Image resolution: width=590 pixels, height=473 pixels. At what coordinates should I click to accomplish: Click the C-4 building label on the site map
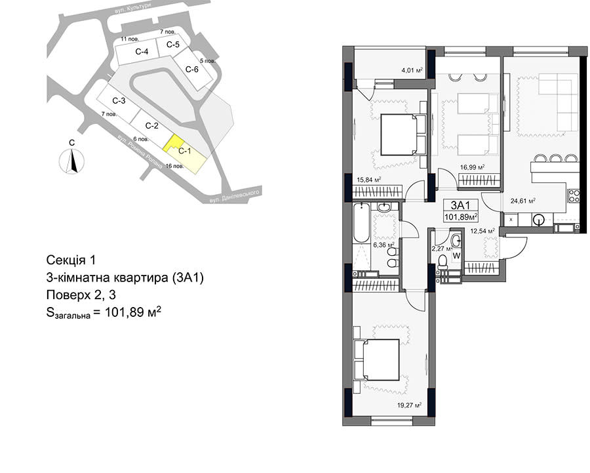[142, 52]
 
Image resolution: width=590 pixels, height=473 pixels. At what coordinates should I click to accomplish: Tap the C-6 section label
[192, 70]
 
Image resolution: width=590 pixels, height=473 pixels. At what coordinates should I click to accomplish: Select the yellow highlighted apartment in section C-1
[172, 143]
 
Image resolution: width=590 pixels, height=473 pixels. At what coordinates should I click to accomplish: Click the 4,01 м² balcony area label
[412, 70]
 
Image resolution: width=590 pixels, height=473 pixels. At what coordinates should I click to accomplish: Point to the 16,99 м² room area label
[472, 167]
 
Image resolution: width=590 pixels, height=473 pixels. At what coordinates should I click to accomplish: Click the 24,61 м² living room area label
[523, 201]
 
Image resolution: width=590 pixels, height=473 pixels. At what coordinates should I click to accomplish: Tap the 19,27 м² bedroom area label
[409, 405]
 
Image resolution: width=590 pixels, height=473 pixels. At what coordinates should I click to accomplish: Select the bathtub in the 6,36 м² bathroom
[362, 222]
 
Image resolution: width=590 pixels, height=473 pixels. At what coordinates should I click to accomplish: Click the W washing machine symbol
[456, 256]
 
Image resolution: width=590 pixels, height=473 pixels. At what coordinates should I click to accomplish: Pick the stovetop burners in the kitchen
[574, 195]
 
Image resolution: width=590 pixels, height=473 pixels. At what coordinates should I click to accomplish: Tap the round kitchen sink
[539, 219]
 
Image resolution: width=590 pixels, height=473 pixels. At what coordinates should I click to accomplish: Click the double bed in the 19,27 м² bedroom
[377, 360]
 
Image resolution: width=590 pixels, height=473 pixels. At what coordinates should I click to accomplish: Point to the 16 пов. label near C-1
[174, 166]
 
